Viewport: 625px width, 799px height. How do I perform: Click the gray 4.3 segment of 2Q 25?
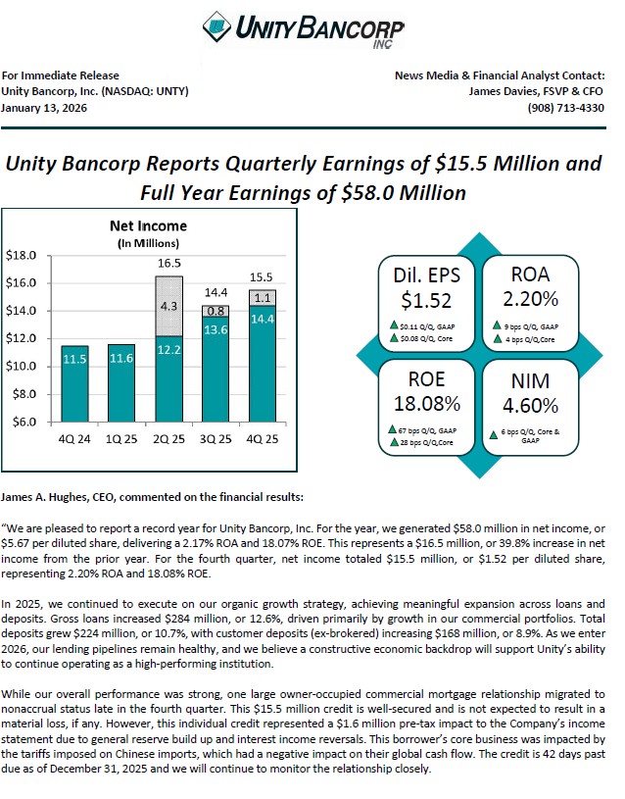point(168,306)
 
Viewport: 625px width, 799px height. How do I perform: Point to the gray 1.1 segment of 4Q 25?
point(263,298)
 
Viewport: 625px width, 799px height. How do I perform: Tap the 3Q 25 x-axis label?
point(216,438)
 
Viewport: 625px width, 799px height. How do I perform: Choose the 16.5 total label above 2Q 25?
point(168,264)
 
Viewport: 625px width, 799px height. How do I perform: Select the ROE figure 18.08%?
point(426,402)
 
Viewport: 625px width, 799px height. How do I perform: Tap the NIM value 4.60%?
point(530,404)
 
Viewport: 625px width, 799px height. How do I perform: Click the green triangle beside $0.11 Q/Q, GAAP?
point(391,325)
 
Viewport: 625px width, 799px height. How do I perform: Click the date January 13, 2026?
point(45,108)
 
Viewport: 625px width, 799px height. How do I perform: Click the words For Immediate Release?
point(61,75)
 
